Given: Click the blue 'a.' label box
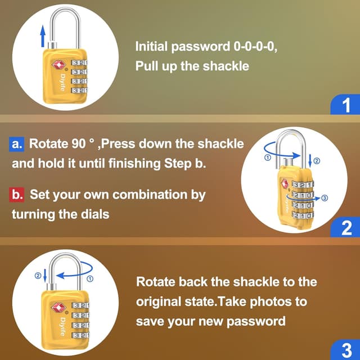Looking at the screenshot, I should click(17, 143).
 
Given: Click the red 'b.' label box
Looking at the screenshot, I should click(17, 195).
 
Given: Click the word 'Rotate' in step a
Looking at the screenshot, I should click(48, 143).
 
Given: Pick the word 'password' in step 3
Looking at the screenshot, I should click(259, 321).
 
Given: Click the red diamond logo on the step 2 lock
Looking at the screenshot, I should click(284, 184).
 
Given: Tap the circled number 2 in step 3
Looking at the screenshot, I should click(38, 275).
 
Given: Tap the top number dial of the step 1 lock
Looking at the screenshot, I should click(80, 63).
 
